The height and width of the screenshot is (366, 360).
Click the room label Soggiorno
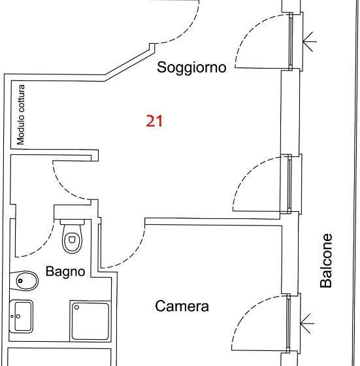pos(191,67)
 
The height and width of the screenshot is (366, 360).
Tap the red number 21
pos(154,121)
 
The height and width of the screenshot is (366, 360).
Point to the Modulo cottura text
pos(21,114)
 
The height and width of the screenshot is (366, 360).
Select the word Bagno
pos(65,271)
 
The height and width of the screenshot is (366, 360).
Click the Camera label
pos(182,306)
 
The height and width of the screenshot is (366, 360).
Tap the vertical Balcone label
pos(327,261)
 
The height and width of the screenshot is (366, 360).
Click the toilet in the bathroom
pos(71,241)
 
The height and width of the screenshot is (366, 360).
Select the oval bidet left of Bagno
pos(27,281)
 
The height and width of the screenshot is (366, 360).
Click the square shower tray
pos(91,320)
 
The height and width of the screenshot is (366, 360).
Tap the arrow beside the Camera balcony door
pos(308,322)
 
